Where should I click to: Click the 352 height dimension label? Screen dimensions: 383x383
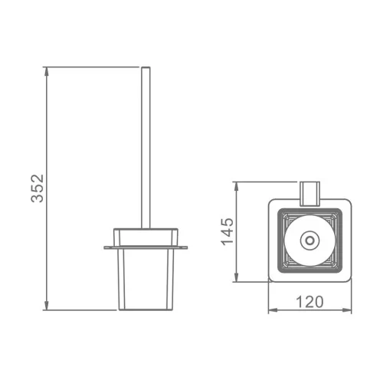[38, 188]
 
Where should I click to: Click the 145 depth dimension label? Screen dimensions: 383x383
[228, 231]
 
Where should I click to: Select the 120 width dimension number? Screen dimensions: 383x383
[309, 302]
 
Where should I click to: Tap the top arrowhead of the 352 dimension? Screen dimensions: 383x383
[46, 71]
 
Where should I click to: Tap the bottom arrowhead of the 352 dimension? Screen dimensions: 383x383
[46, 306]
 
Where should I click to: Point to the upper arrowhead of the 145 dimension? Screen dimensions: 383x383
[237, 186]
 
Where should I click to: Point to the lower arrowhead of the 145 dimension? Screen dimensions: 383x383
[237, 277]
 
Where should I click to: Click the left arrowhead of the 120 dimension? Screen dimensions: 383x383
[273, 310]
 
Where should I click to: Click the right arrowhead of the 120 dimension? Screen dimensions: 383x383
[347, 310]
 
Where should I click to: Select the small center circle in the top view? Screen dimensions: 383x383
[309, 241]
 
